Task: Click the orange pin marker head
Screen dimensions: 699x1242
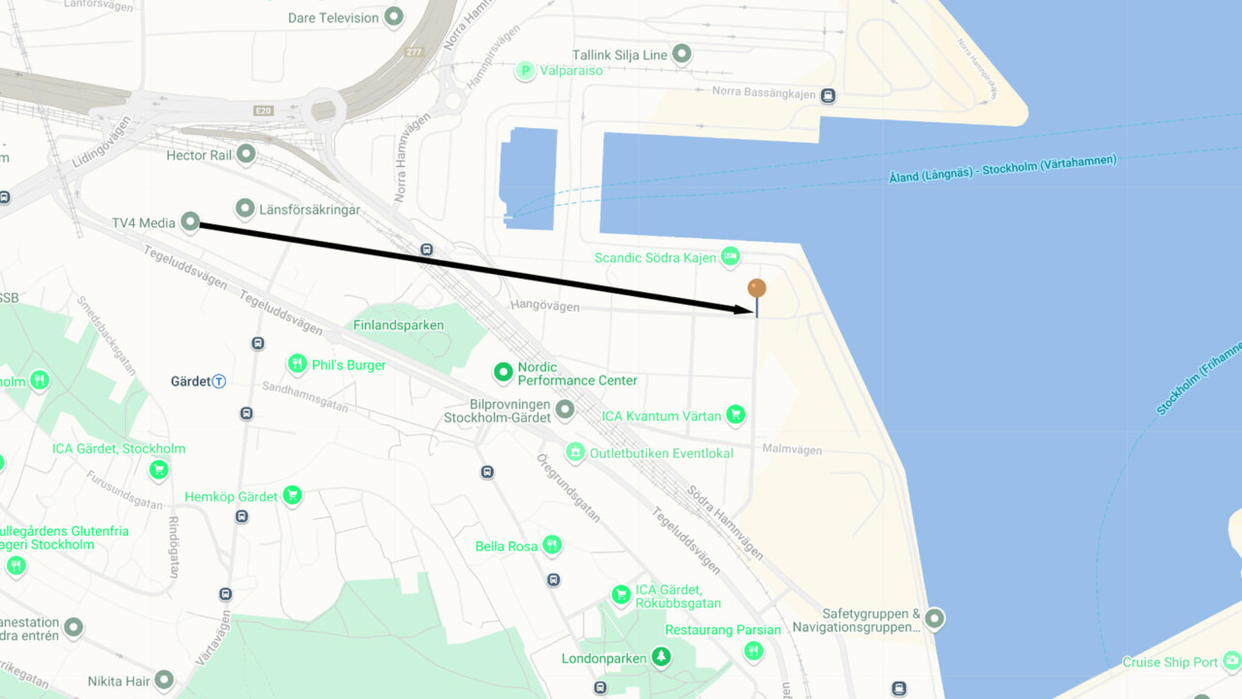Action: tap(757, 288)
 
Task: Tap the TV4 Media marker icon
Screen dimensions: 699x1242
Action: tap(191, 223)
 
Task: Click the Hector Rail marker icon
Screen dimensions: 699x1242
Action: tap(246, 154)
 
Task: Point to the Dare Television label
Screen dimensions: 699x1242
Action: tap(333, 17)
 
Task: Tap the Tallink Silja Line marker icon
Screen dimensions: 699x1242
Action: tap(682, 54)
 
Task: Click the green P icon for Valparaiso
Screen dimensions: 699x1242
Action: tap(525, 70)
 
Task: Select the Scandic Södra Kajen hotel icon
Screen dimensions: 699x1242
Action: tap(731, 257)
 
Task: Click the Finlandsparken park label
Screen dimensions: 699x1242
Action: tap(399, 325)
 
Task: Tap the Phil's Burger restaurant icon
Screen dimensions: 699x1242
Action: tap(297, 364)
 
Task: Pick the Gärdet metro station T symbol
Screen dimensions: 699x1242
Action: tap(219, 382)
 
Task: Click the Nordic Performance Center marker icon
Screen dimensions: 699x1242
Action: tap(503, 371)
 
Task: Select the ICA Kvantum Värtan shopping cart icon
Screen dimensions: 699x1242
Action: tap(736, 416)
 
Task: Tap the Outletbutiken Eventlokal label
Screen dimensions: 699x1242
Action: tap(662, 453)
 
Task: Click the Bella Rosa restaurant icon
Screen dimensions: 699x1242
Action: tap(552, 545)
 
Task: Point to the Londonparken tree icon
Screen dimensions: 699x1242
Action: tap(662, 657)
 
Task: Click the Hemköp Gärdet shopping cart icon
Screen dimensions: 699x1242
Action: tap(292, 496)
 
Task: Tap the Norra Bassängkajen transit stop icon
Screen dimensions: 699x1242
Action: tap(828, 95)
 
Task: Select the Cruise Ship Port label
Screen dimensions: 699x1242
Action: tap(1170, 663)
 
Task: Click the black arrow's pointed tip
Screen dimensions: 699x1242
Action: tap(754, 311)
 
